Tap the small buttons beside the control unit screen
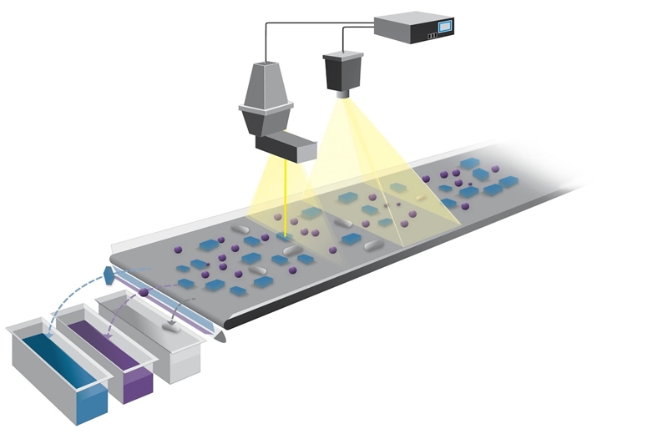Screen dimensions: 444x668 pos(432,36)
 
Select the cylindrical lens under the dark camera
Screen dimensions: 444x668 pos(342,93)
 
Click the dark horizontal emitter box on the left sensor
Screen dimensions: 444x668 pos(286,149)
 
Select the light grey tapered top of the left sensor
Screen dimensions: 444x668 pos(266,83)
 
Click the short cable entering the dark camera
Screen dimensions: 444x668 pos(343,43)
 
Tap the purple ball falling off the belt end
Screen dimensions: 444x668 pos(144,292)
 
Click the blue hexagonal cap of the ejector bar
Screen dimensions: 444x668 pos(111,274)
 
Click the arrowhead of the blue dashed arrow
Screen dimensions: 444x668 pos(48,333)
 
